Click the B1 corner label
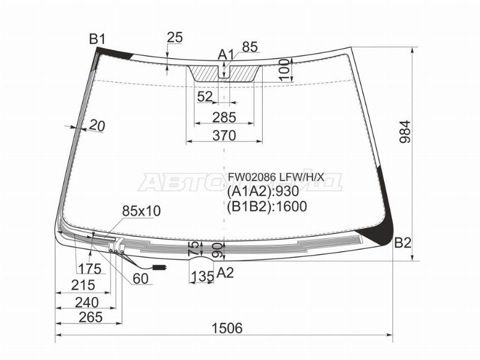[97, 40]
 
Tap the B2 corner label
[403, 243]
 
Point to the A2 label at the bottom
[225, 273]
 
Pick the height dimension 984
[406, 135]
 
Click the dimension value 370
[223, 136]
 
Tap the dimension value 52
[205, 97]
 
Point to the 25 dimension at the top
[175, 38]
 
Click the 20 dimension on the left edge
[97, 125]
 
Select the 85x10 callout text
[141, 211]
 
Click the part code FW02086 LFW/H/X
[275, 177]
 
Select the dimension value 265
[90, 317]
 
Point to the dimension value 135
[202, 276]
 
